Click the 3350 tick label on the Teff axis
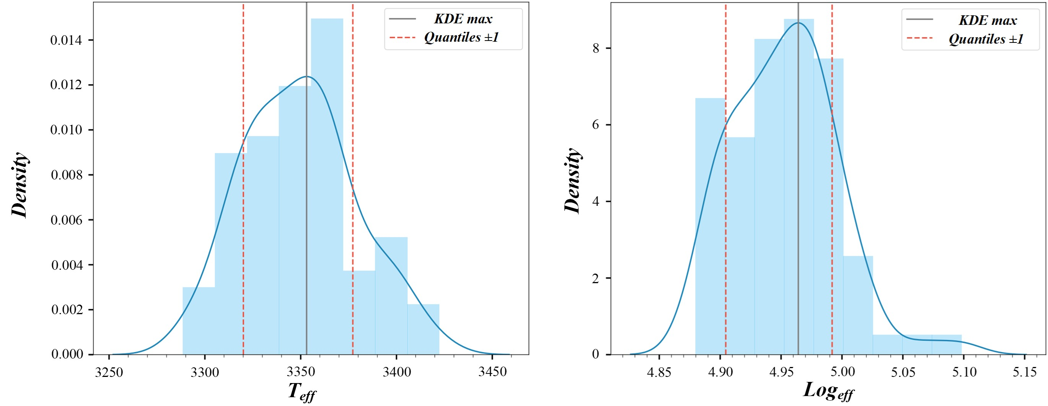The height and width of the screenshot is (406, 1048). coord(301,372)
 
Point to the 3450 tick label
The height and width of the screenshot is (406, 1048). coord(492,372)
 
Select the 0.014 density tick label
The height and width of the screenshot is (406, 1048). coord(66,40)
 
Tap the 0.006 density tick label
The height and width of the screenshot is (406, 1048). coord(66,220)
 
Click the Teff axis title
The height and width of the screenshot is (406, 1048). coord(302,392)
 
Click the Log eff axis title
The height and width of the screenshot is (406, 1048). coord(828,391)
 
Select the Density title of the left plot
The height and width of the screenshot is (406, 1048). coord(19,185)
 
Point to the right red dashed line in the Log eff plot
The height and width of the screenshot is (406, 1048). coord(832,204)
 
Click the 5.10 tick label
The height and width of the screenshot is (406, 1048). coord(964,372)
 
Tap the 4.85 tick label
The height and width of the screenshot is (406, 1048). coord(659,372)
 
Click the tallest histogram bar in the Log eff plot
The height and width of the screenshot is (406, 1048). coord(799,183)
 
